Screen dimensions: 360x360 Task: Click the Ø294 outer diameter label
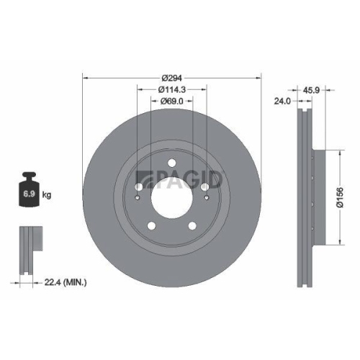[x=171, y=77]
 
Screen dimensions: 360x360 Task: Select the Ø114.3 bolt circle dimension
[x=172, y=90]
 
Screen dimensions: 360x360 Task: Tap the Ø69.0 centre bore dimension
[x=171, y=103]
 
